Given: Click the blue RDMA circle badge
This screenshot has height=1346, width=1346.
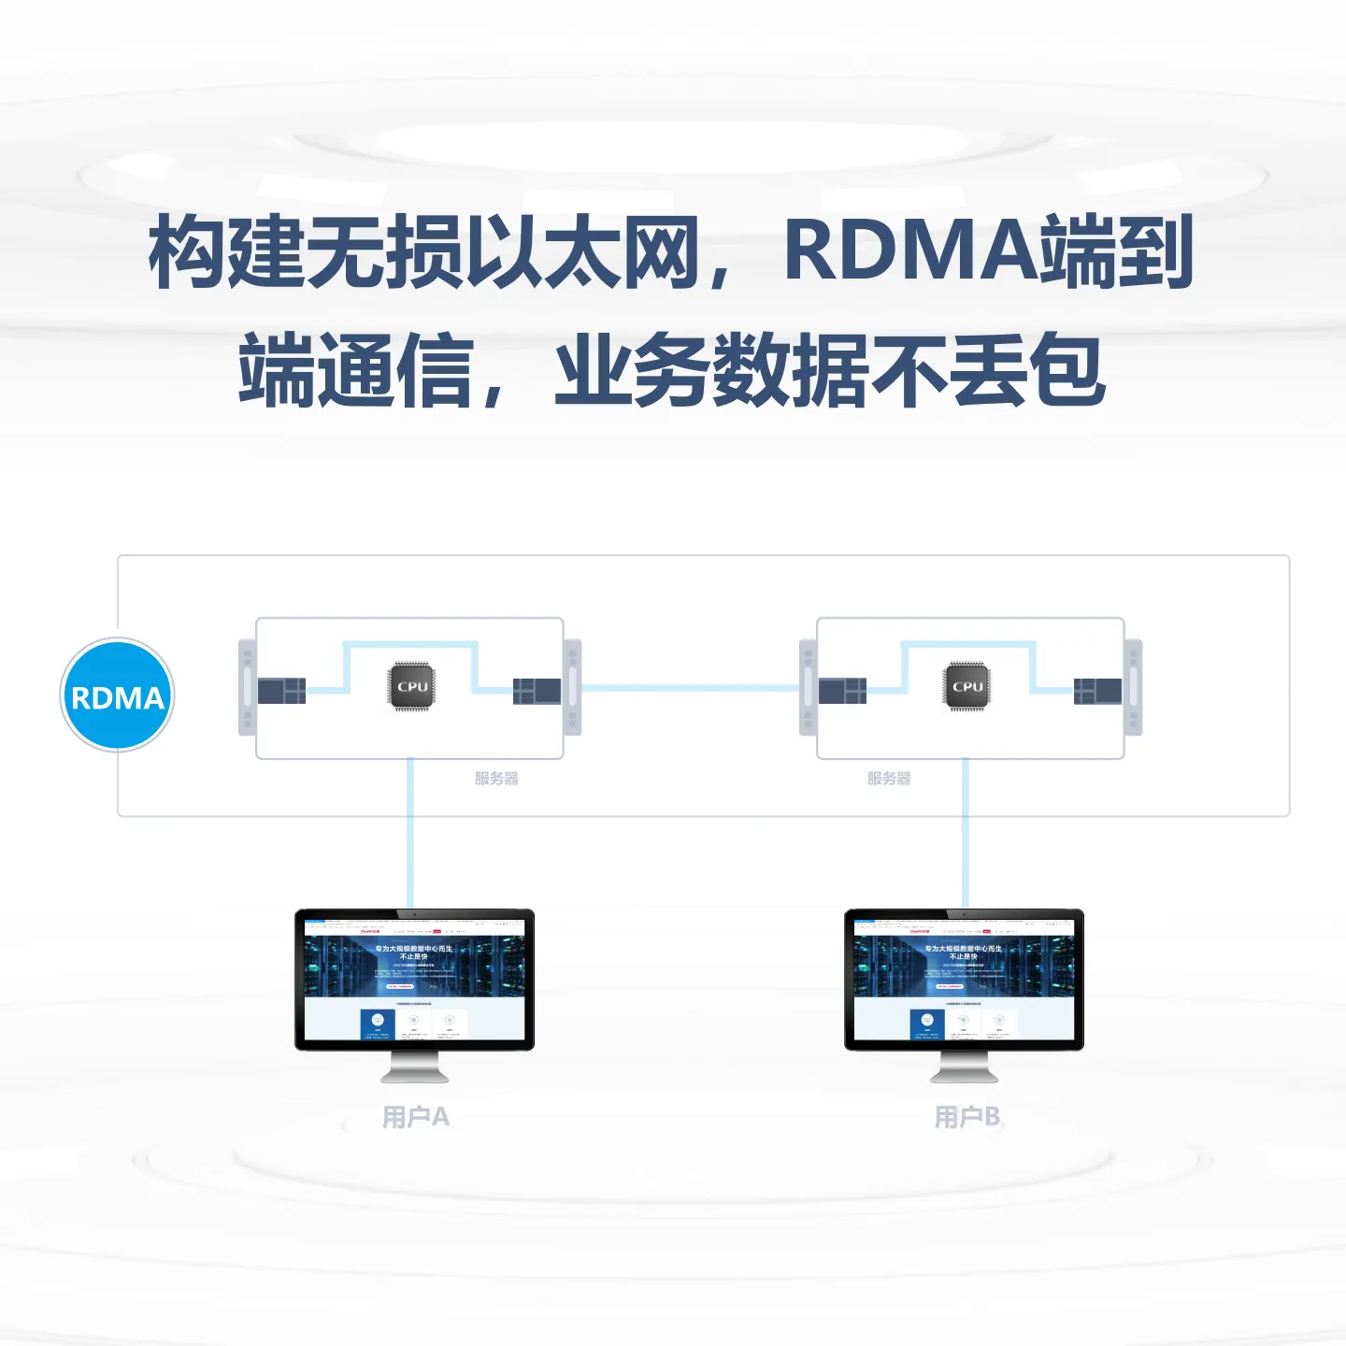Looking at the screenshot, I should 118,695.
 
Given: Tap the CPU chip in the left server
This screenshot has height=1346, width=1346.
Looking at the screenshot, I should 412,686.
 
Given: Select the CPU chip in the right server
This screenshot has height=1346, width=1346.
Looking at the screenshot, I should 967,686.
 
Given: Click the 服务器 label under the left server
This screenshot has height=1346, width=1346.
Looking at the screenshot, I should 496,778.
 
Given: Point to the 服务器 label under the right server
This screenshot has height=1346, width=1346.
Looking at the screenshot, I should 889,778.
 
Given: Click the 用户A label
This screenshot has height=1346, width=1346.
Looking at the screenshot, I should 416,1116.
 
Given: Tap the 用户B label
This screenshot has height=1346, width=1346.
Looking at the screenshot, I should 967,1116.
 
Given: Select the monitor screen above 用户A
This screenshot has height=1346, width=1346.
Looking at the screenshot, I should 414,979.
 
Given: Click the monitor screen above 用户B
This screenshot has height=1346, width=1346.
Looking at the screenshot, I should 964,979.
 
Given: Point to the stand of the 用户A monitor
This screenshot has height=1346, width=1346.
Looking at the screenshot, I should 414,1067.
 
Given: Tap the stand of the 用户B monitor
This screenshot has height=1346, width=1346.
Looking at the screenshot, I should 964,1067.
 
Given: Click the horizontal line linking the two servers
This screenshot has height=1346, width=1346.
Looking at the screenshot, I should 690,688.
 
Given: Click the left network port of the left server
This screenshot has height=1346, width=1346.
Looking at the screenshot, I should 281,691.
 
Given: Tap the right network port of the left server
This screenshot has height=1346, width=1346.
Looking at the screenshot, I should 537,691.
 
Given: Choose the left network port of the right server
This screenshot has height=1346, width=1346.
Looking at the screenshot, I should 842,691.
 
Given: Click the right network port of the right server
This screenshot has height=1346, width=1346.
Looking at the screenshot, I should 1097,691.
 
